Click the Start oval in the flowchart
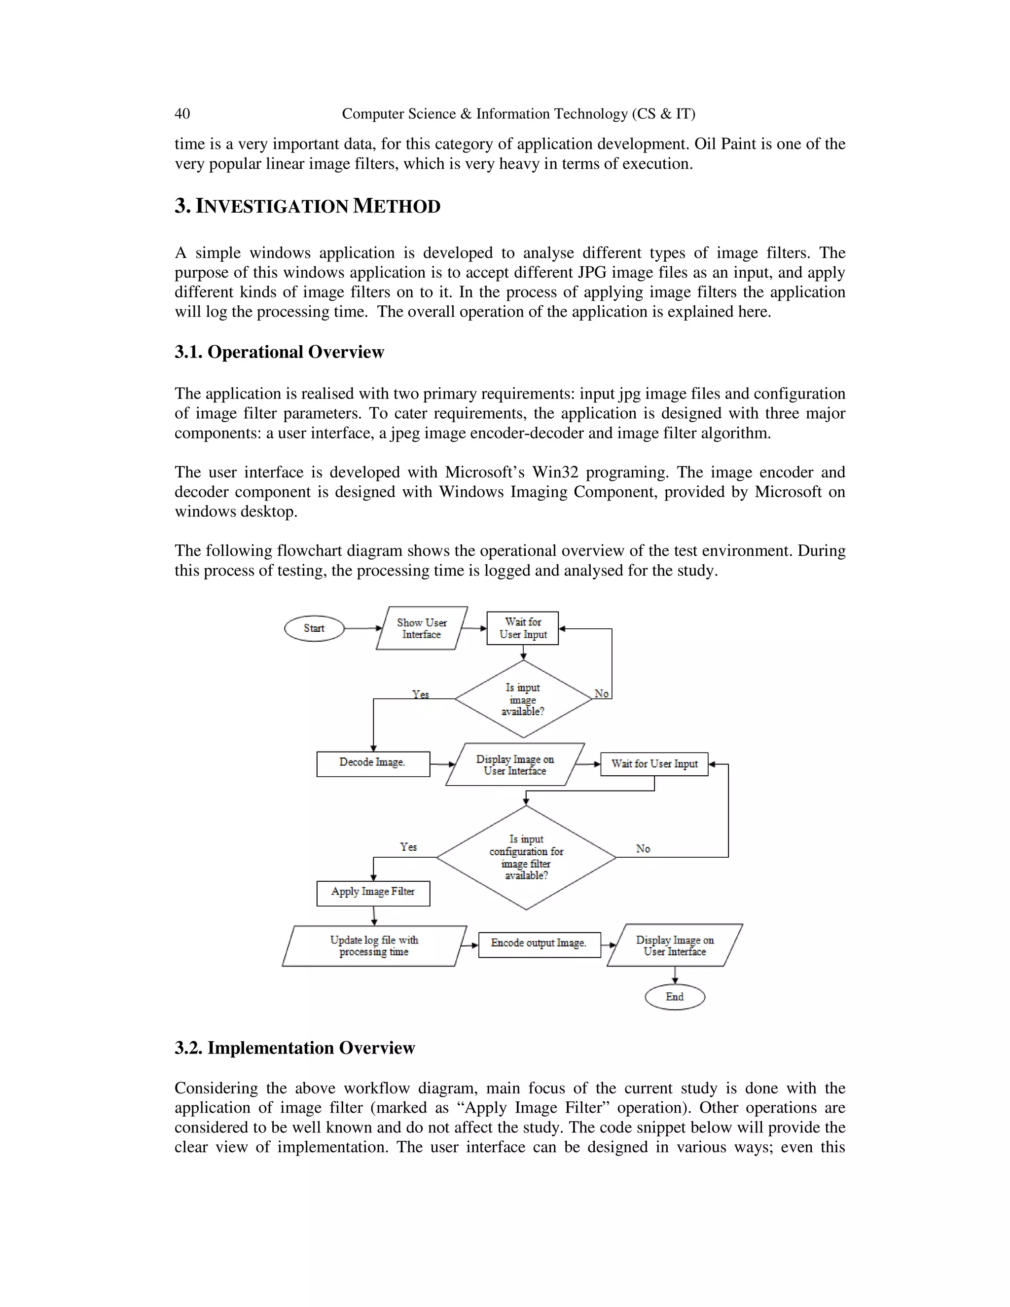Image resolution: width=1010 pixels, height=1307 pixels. [314, 628]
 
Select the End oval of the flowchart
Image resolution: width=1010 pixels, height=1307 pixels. [674, 997]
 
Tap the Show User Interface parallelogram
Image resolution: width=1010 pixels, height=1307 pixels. [421, 628]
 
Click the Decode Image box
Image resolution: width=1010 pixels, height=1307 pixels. [373, 763]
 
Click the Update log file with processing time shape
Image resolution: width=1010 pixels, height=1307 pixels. [374, 946]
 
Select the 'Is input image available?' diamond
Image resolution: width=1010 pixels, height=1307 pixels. [523, 699]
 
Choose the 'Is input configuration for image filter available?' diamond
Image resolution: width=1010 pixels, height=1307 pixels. [526, 857]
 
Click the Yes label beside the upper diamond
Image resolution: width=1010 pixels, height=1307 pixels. [420, 694]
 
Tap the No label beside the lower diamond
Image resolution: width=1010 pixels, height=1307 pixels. [643, 849]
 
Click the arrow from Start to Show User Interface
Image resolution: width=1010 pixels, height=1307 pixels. [362, 628]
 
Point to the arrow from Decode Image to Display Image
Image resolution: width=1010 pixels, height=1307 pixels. [443, 764]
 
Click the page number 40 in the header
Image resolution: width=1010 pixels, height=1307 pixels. [182, 114]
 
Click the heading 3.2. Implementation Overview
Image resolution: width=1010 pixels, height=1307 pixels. [294, 1048]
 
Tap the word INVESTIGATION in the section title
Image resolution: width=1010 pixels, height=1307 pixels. [272, 207]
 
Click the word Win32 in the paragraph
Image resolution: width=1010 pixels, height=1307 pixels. [555, 472]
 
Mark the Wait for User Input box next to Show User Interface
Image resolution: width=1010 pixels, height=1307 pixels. [522, 628]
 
